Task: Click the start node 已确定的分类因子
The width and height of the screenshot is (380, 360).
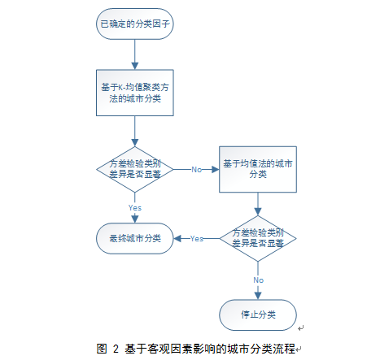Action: [x=135, y=24]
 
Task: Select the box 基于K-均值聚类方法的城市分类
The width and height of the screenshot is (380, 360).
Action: [x=135, y=93]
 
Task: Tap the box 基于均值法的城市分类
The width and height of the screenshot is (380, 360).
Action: [x=258, y=169]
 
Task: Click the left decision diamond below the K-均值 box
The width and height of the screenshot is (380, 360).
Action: [x=135, y=169]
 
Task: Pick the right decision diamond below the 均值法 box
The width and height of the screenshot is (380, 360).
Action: [x=258, y=238]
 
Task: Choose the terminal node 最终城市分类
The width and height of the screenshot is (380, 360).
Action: [x=135, y=238]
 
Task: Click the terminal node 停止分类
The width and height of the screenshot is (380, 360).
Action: [x=258, y=314]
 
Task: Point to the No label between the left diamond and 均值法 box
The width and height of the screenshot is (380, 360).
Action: [x=197, y=170]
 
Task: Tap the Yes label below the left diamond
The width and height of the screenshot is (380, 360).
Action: [x=135, y=208]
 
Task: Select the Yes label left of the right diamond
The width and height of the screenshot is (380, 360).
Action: [x=197, y=239]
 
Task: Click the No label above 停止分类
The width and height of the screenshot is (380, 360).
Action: [x=258, y=280]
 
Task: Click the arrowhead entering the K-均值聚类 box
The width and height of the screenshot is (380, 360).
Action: [x=135, y=66]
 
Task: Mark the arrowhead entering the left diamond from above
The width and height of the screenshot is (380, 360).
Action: [x=135, y=143]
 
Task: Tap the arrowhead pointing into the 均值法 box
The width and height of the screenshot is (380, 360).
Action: [x=216, y=170]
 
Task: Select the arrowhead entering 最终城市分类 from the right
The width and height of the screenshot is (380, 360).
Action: [x=177, y=238]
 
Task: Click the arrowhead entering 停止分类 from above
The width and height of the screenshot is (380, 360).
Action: [x=258, y=296]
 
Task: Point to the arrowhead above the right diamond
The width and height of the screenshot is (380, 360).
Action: [x=258, y=212]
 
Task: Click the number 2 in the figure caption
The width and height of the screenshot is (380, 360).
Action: [x=116, y=349]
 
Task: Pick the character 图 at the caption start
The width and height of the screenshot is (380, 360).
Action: [x=102, y=349]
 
